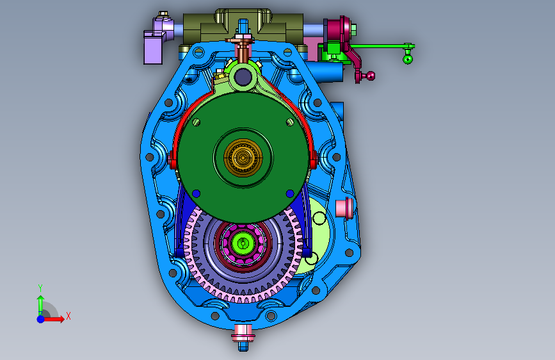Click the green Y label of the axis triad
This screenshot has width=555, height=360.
(x=40, y=288)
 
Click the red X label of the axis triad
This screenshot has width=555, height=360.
(x=68, y=316)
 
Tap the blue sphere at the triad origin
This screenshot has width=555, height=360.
(x=41, y=319)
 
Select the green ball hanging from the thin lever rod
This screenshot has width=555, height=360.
(x=408, y=59)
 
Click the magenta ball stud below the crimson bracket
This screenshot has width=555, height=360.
(x=370, y=76)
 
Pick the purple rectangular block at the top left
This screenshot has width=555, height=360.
(x=153, y=47)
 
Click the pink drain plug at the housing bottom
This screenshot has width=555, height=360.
(x=243, y=333)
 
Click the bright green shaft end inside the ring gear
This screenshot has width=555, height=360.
(x=243, y=243)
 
